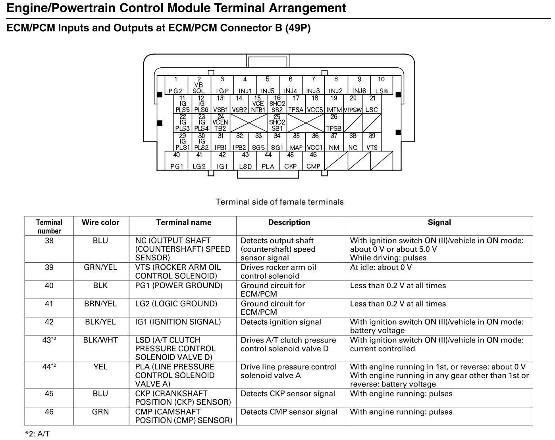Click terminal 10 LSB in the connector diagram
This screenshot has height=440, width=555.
pyautogui.click(x=381, y=85)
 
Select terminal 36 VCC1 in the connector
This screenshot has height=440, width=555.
pyautogui.click(x=315, y=142)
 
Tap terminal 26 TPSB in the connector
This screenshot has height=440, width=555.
pyautogui.click(x=334, y=123)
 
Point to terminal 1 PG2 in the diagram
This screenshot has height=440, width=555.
pyautogui.click(x=176, y=85)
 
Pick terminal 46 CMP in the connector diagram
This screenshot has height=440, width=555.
pyautogui.click(x=313, y=161)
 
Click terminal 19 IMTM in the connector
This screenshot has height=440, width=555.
pyautogui.click(x=334, y=104)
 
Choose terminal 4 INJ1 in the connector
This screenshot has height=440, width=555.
pyautogui.click(x=245, y=85)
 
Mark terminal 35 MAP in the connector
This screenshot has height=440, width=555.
pyautogui.click(x=296, y=142)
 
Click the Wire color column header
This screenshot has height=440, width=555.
pyautogui.click(x=100, y=222)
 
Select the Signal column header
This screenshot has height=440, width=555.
pyautogui.click(x=439, y=222)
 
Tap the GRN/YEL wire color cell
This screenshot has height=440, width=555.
pyautogui.click(x=100, y=268)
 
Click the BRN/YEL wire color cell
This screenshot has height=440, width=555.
pyautogui.click(x=100, y=304)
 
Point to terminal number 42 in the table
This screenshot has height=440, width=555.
pyautogui.click(x=49, y=322)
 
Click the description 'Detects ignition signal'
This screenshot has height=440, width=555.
pyautogui.click(x=281, y=322)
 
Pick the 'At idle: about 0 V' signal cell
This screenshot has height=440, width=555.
pyautogui.click(x=381, y=268)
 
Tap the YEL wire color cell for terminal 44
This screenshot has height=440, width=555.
pyautogui.click(x=100, y=367)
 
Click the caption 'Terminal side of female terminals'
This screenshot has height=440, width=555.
pyautogui.click(x=279, y=202)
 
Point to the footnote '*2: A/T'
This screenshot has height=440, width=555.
pyautogui.click(x=37, y=434)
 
